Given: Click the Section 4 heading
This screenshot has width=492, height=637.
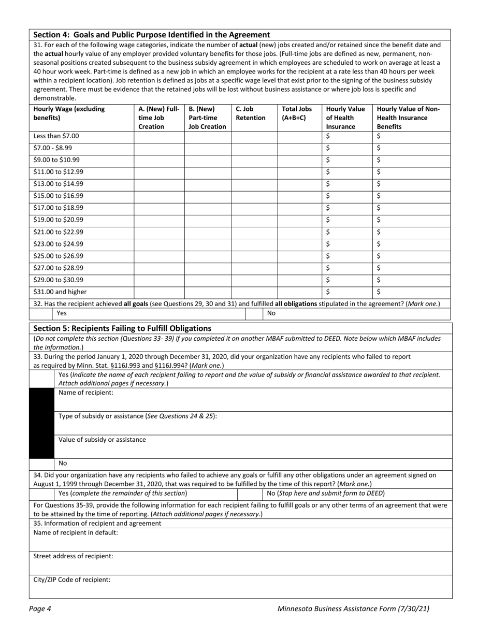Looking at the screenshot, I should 151,35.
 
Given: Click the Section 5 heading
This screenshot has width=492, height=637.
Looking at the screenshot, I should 122,328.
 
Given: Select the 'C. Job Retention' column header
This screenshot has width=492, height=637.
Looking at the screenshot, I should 251,113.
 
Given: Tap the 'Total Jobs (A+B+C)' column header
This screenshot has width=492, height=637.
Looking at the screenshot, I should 297,113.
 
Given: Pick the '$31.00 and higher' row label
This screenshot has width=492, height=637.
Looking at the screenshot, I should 60,292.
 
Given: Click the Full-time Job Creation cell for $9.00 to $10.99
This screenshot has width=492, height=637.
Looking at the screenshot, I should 159,160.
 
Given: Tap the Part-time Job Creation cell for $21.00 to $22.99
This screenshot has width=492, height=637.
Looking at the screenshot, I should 208,232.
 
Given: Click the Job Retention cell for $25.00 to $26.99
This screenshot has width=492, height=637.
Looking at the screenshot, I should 254,256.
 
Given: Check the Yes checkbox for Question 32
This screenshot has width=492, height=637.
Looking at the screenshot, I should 42,313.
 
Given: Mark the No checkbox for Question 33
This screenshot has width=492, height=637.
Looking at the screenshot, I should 42,463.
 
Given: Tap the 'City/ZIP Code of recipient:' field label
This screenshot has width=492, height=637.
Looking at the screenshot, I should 72,580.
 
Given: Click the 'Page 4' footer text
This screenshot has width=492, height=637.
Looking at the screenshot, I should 40,609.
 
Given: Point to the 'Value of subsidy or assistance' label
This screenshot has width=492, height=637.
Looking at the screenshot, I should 102,440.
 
